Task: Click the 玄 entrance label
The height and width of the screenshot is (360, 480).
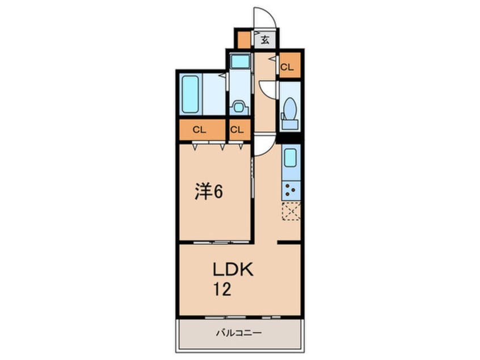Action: coord(265,40)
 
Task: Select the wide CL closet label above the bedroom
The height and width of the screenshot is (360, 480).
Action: coord(199,129)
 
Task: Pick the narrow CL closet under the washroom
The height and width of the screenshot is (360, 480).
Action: coord(237,129)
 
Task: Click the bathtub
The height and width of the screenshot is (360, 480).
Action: coord(190,94)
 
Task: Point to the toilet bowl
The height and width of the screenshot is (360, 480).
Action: coord(289,108)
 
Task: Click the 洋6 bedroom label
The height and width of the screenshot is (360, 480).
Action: coord(209,192)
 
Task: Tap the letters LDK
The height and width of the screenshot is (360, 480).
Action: coord(233,270)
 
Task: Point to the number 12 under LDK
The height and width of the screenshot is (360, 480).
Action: coord(221,290)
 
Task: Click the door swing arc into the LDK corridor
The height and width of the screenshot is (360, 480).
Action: coord(262,146)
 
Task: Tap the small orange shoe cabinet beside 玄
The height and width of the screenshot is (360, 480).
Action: coord(244,40)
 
